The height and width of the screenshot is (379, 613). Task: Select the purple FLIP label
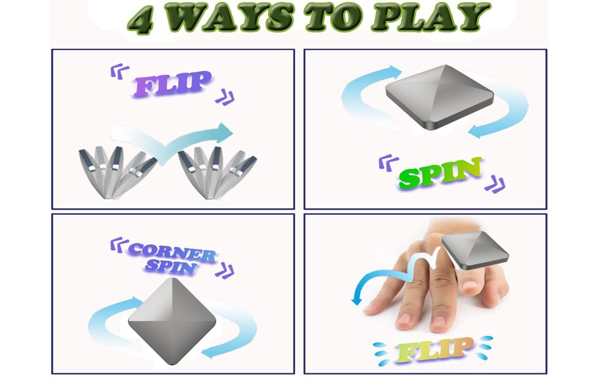[x=173, y=83]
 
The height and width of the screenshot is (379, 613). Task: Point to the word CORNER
[x=172, y=253]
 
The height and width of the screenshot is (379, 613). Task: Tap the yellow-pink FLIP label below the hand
[x=434, y=350]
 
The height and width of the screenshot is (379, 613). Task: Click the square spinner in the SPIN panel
[x=439, y=97]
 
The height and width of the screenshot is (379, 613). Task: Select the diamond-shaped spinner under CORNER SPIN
[x=172, y=321]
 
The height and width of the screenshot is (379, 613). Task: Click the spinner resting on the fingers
[x=475, y=250]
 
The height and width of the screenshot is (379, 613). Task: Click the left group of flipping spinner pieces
[x=116, y=172]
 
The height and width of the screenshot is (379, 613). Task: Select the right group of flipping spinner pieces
[x=216, y=172]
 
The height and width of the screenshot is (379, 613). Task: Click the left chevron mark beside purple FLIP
[x=119, y=71]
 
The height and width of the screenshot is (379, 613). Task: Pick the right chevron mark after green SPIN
[x=495, y=184]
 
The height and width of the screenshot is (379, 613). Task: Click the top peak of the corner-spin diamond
[x=172, y=278]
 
